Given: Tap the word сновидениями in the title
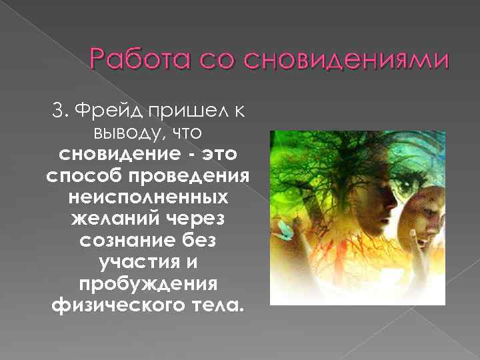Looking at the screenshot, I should (x=346, y=61).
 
